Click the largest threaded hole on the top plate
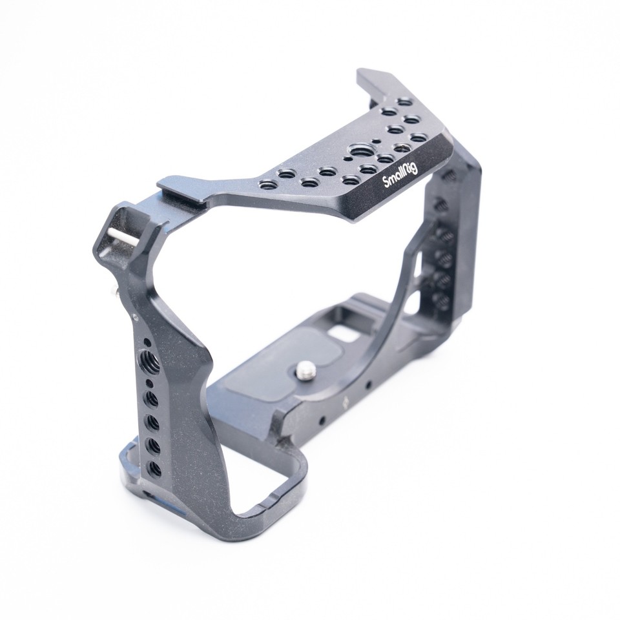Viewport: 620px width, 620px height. pos(356,152)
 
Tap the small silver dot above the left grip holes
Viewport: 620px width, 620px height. pos(134,316)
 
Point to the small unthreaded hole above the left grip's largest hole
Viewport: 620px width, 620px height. pos(147,343)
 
